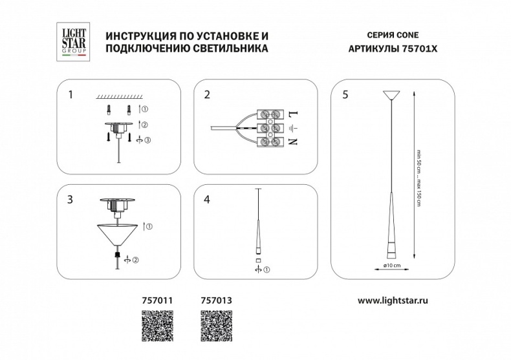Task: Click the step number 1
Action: (x=71, y=94)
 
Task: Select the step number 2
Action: (x=207, y=94)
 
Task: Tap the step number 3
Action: (x=71, y=200)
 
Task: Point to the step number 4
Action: (x=207, y=200)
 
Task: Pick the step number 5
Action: (x=345, y=94)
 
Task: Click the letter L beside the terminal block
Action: (x=292, y=114)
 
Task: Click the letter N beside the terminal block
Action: (x=292, y=140)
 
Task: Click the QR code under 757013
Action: (x=213, y=324)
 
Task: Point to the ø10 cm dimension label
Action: (x=392, y=266)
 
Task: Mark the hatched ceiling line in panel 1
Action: (x=116, y=96)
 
